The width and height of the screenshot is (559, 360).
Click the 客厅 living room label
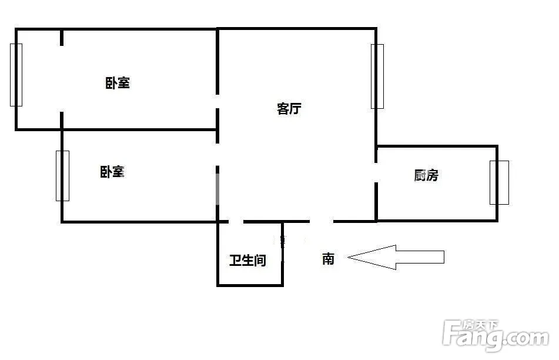pos(289,108)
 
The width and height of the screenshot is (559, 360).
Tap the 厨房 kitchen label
pos(426,175)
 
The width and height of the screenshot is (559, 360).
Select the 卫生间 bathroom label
pos(248,260)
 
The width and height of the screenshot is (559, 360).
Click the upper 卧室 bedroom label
pos(118,83)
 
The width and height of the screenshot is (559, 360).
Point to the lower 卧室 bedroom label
pos(112,172)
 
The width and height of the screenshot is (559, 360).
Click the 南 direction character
pos(329,259)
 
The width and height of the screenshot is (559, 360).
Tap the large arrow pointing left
pos(396,257)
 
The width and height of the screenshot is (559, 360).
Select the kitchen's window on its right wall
pos(499,183)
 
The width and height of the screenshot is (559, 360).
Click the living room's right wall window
pos(377,76)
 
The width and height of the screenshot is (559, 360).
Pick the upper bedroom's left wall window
pos(16,75)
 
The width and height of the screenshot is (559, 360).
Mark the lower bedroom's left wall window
pos(62,176)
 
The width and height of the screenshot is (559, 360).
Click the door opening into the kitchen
pos(376,173)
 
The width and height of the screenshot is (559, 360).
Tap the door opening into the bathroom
pos(236,222)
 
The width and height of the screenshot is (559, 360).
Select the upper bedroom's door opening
pos(217,101)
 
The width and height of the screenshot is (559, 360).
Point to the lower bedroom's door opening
pos(217,154)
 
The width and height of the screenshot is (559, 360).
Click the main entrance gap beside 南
pos(321,222)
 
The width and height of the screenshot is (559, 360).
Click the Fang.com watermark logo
pos(496,335)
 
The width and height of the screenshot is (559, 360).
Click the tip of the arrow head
pos(348,257)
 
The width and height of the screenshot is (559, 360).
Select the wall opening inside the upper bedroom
pos(62,78)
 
